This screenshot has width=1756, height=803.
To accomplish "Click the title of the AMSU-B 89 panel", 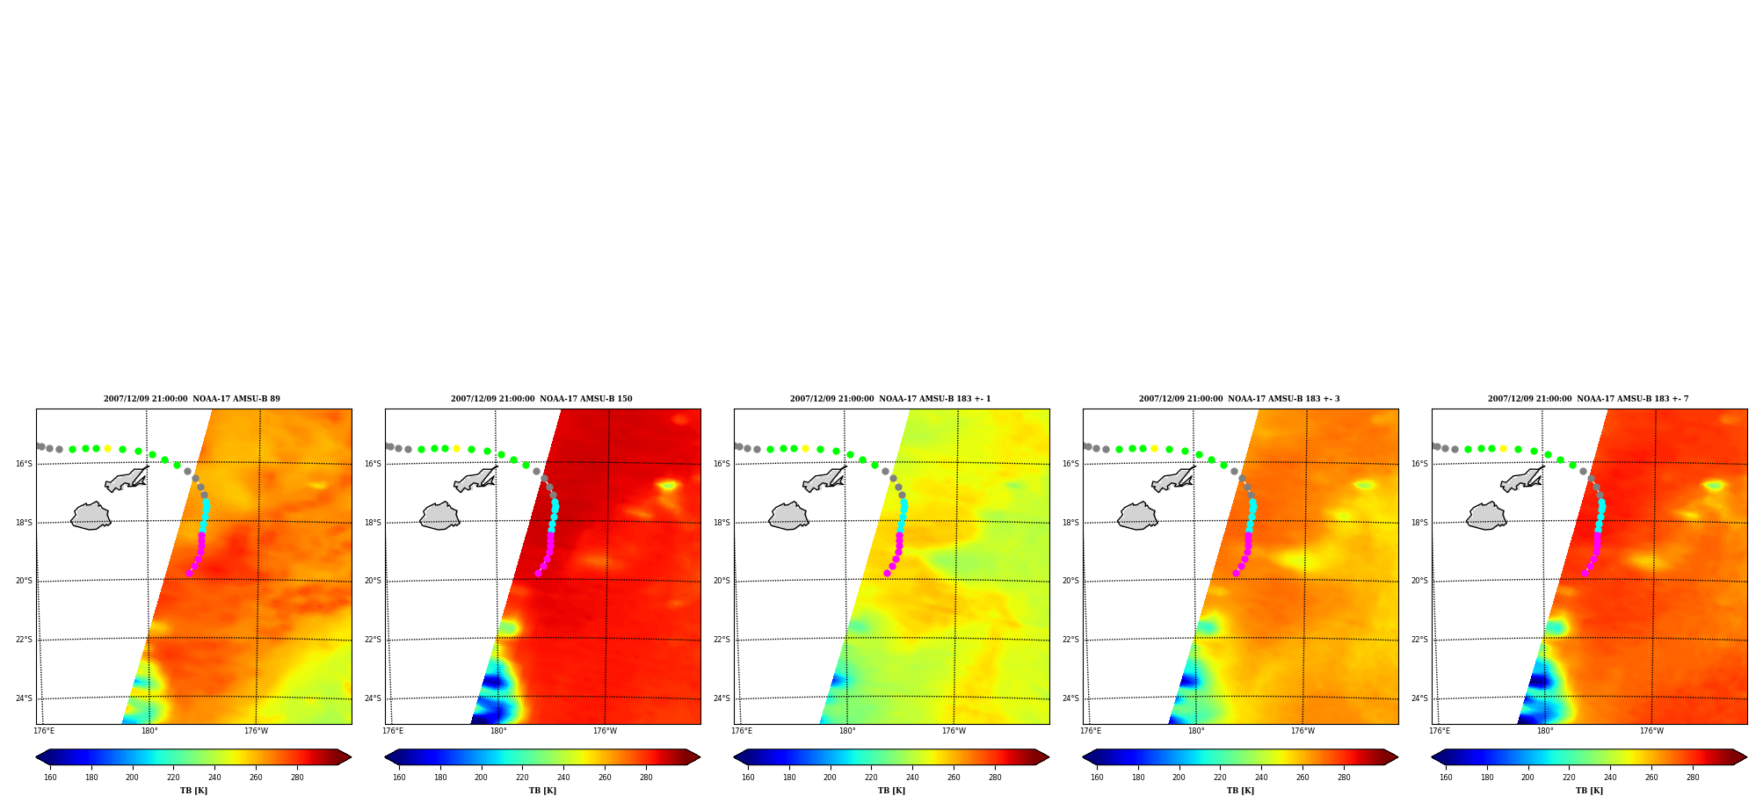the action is pos(192,399).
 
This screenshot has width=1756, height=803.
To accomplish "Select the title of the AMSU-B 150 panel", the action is pos(541,399).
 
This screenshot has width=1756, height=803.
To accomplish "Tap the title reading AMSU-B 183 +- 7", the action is pos(1588,399).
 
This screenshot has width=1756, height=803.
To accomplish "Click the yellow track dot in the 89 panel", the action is pos(107,448).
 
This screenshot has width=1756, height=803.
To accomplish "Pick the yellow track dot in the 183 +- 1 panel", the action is pos(805,448).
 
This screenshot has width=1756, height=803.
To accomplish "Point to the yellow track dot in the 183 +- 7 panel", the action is pos(1503,448).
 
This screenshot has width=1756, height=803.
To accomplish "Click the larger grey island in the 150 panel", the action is pos(439,516).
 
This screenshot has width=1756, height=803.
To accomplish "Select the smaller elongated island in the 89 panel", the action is pos(127,479).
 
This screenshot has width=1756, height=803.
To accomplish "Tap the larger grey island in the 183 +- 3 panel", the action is pos(1137,516).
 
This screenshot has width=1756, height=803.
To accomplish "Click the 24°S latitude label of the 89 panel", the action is pos(24,699).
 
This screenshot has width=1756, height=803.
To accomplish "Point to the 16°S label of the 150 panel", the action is pos(373,464).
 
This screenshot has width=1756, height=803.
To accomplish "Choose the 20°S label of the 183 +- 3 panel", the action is pos(1070,581).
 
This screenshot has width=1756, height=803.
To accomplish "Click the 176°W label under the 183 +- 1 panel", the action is pos(954,731).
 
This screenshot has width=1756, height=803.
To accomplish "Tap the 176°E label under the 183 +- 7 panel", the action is pos(1440,731).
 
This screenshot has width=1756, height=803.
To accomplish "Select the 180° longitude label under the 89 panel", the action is pos(149,731).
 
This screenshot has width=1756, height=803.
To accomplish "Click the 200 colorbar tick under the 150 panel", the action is pos(481,778).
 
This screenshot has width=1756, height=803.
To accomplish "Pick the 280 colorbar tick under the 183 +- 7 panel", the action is pos(1693,778).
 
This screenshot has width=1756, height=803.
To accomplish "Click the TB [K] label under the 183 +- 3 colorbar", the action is pos(1240,791).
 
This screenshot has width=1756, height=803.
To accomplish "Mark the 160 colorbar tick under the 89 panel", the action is pos(50,778).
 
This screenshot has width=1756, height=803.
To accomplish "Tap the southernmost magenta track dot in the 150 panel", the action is pos(538,573).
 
